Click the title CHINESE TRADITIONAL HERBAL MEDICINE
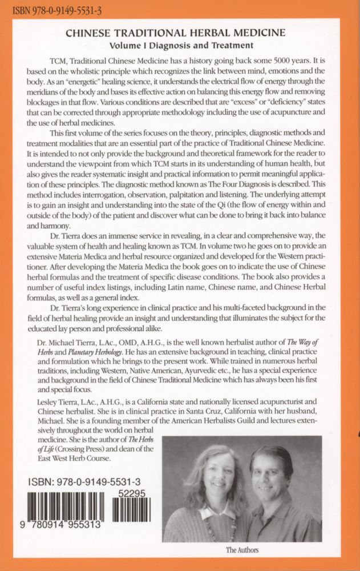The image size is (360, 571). (x=180, y=34)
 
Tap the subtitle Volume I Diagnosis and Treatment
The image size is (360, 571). (x=180, y=45)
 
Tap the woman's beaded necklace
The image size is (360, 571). (x=213, y=522)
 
